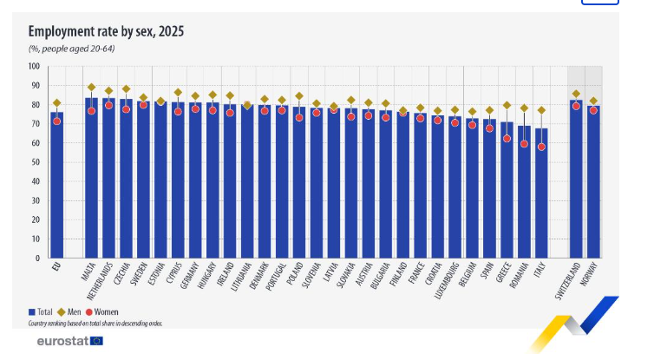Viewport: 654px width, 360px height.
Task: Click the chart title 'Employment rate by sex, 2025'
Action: pyautogui.click(x=106, y=31)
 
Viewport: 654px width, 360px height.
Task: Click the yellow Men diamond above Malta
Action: pyautogui.click(x=91, y=87)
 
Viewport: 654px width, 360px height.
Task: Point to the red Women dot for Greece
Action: pyautogui.click(x=507, y=139)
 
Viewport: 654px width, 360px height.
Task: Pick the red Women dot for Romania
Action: pyautogui.click(x=524, y=144)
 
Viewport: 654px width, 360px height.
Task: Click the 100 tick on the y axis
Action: pyautogui.click(x=34, y=66)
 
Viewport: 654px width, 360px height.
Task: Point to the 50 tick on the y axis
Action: pyautogui.click(x=36, y=162)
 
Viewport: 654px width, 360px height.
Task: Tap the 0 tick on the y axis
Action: pyautogui.click(x=37, y=259)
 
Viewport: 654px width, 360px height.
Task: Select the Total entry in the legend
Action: pyautogui.click(x=43, y=311)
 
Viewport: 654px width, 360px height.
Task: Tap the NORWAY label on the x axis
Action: pyautogui.click(x=593, y=278)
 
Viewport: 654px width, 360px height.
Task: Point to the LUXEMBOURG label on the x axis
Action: pyautogui.click(x=455, y=283)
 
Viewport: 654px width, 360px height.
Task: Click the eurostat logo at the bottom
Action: pyautogui.click(x=69, y=341)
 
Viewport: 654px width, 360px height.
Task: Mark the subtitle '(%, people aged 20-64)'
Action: pyautogui.click(x=72, y=49)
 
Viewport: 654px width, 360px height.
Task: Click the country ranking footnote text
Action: pyautogui.click(x=95, y=323)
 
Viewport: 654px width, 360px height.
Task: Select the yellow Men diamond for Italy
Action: pyautogui.click(x=541, y=110)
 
